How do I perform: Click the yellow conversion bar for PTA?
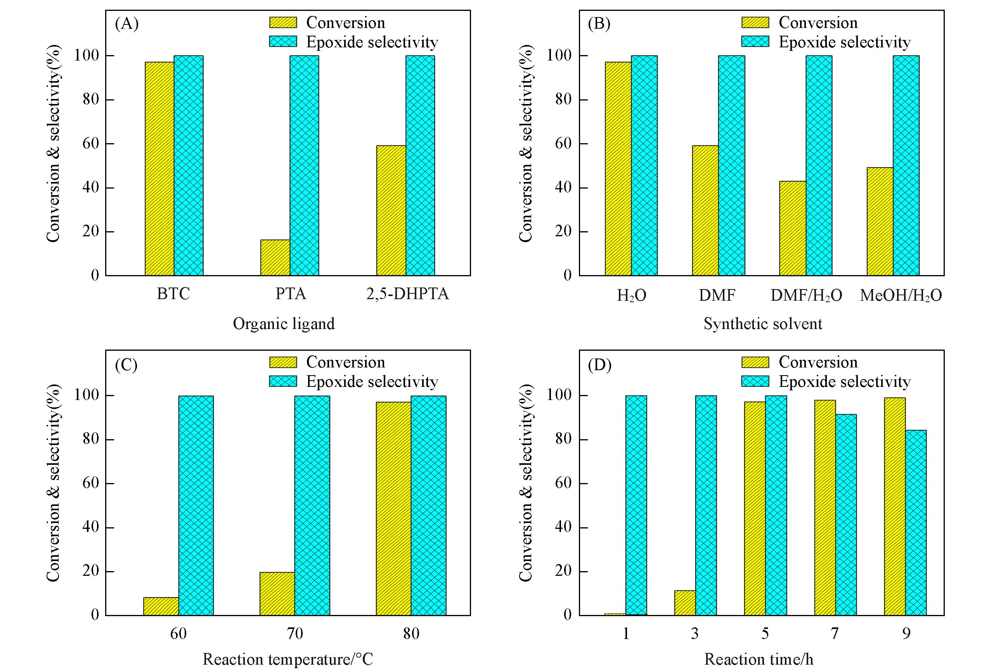(275, 258)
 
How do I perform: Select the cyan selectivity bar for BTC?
(189, 165)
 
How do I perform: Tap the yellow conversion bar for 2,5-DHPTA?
(391, 210)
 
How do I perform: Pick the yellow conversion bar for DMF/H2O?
(792, 229)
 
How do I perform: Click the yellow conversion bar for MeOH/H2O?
(880, 222)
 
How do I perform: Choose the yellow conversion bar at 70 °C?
(277, 594)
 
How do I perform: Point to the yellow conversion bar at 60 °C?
(161, 606)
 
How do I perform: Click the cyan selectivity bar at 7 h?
(846, 515)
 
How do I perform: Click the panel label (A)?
(127, 24)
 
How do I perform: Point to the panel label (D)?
(599, 365)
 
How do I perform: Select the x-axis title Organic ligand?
(284, 324)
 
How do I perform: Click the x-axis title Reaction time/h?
(759, 659)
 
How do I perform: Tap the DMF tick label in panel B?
(717, 295)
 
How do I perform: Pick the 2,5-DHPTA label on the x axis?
(407, 294)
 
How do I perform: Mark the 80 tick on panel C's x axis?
(411, 634)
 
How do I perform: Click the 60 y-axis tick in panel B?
(563, 144)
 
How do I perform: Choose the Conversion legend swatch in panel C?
(283, 362)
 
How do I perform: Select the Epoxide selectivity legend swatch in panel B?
(755, 42)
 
